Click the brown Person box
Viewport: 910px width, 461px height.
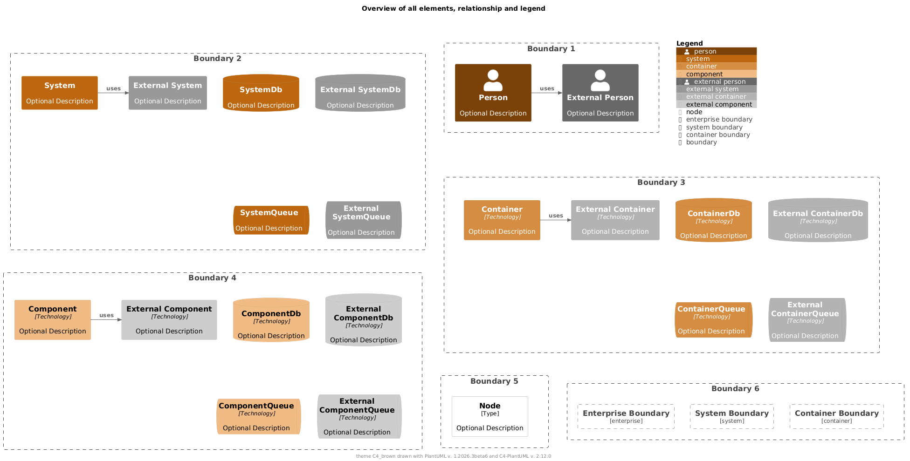(x=493, y=93)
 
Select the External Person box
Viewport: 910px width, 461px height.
(x=600, y=93)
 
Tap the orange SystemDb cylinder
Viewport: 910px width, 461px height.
(x=261, y=93)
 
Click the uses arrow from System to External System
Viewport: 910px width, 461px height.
(x=113, y=93)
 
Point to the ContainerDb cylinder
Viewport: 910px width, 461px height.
(x=713, y=220)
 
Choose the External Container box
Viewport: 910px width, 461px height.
(x=615, y=220)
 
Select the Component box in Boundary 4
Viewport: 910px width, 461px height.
(x=53, y=320)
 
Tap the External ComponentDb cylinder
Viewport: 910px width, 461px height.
(x=363, y=320)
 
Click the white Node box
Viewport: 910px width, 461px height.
(x=489, y=416)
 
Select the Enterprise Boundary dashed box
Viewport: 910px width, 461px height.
(x=626, y=416)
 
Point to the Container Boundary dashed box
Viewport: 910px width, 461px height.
(x=836, y=416)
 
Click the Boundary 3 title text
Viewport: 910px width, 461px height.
(x=661, y=182)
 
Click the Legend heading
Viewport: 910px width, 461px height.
(x=689, y=43)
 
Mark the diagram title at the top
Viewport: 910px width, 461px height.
(x=453, y=8)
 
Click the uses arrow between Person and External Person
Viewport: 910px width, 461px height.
(x=547, y=93)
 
